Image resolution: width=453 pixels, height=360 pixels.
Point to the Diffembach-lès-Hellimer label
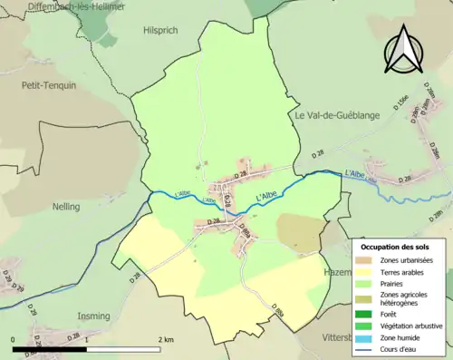coord(63,5)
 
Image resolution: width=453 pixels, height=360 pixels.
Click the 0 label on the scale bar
coord(14,339)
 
